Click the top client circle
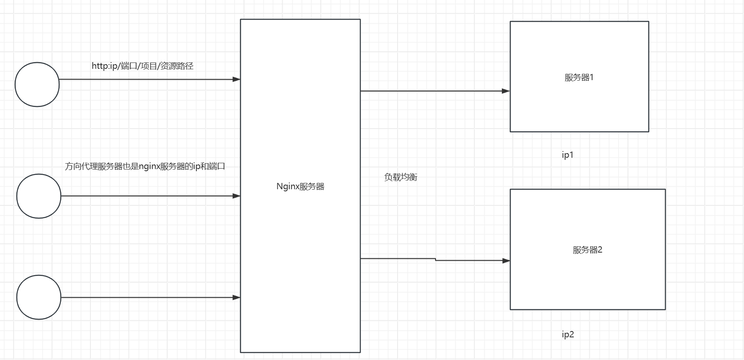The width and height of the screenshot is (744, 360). (x=37, y=84)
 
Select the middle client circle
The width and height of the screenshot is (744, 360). (x=39, y=196)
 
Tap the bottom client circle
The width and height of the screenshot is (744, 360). (x=39, y=297)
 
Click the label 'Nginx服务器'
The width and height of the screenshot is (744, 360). (x=300, y=186)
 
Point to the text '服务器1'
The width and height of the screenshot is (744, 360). (x=579, y=77)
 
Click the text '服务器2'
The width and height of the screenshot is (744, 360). (x=587, y=250)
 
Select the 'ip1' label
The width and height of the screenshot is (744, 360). (x=567, y=155)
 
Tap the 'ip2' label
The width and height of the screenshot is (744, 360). (x=567, y=334)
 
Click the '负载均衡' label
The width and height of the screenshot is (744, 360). (x=400, y=177)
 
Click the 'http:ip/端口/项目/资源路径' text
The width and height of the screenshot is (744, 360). (x=142, y=66)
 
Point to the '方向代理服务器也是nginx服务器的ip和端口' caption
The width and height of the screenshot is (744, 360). (x=145, y=166)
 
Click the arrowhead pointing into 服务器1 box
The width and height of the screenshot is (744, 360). (x=506, y=91)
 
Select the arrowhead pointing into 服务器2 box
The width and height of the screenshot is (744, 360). (x=506, y=261)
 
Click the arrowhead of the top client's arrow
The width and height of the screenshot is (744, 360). (x=236, y=79)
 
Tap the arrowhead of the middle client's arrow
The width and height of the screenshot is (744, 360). (x=236, y=196)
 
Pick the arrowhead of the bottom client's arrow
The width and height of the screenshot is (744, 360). (x=236, y=297)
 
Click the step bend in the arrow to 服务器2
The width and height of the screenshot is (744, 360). (x=436, y=260)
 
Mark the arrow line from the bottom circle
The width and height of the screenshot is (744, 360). (x=147, y=297)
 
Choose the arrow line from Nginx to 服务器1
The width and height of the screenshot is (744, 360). (x=432, y=91)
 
